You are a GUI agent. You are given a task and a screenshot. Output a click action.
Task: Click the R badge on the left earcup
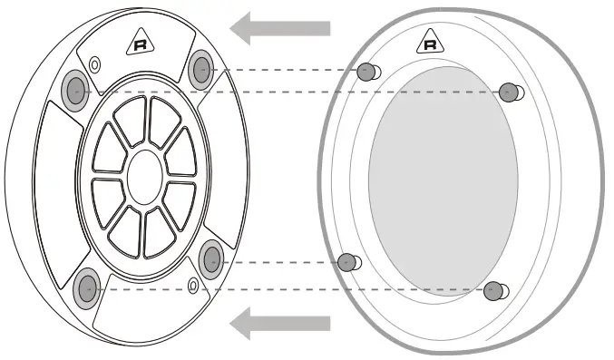click(140, 42)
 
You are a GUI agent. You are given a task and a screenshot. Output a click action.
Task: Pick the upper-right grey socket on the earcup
click(201, 68)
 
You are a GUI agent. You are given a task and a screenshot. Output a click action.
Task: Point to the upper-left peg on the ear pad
click(367, 73)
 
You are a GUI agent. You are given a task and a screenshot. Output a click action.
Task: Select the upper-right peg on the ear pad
click(509, 91)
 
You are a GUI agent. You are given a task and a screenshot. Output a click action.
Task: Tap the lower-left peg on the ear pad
click(346, 262)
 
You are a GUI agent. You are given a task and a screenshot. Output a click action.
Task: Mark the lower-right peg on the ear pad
click(493, 290)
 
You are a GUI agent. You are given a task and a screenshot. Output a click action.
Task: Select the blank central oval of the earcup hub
click(144, 177)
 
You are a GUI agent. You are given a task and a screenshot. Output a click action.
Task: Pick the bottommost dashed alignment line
click(290, 288)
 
